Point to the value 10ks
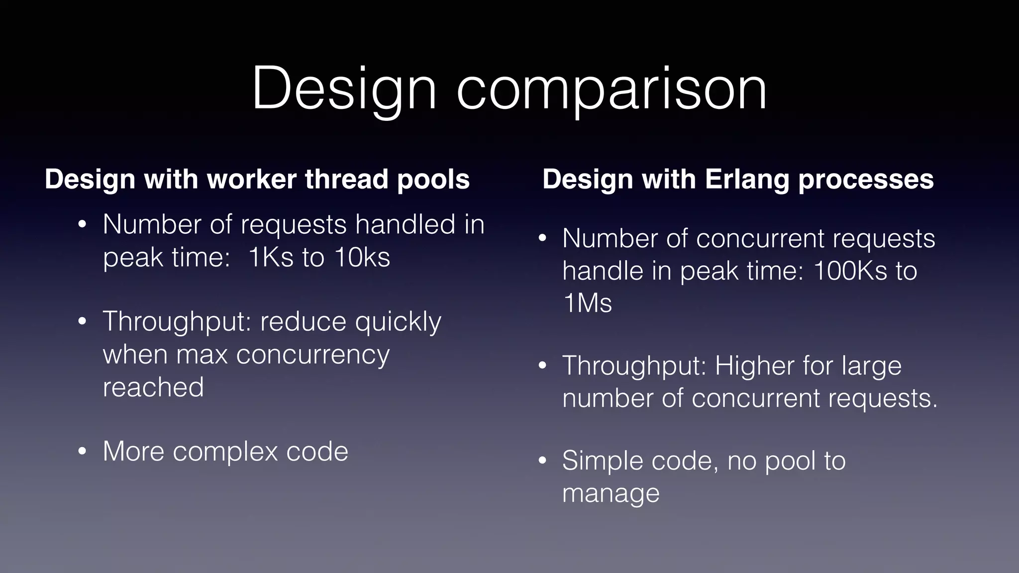tap(362, 257)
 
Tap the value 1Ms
tap(587, 303)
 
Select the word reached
tap(153, 387)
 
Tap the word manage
tap(611, 493)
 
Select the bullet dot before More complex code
tap(83, 452)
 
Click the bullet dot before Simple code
tap(542, 461)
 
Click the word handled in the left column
tap(405, 224)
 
